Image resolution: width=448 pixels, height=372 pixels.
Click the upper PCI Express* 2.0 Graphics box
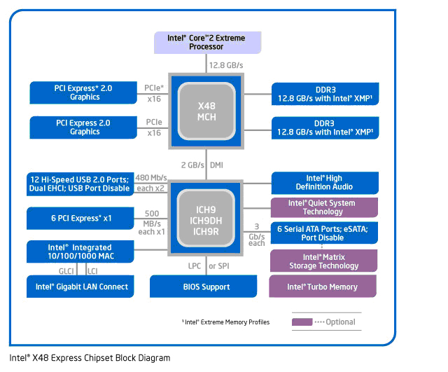coord(84,92)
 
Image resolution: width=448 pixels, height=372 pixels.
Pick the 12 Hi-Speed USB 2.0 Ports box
coord(78,184)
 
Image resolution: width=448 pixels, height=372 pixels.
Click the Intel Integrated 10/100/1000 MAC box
coord(78,252)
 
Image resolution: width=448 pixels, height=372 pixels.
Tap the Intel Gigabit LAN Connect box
coord(82,287)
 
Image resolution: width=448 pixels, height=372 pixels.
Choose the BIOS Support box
coord(206,287)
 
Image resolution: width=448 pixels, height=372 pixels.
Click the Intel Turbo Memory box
coord(323,287)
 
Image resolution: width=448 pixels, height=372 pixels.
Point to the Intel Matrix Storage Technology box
coord(323,261)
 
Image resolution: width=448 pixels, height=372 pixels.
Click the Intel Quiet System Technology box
coord(323,207)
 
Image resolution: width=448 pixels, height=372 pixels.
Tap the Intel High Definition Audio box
coord(323,183)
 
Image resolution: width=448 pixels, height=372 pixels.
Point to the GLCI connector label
coord(66,270)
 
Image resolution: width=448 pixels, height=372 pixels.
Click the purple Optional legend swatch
coord(302,322)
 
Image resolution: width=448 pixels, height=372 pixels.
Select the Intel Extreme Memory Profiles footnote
coord(225,322)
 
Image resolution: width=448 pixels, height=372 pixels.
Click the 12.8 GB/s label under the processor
coord(225,65)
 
